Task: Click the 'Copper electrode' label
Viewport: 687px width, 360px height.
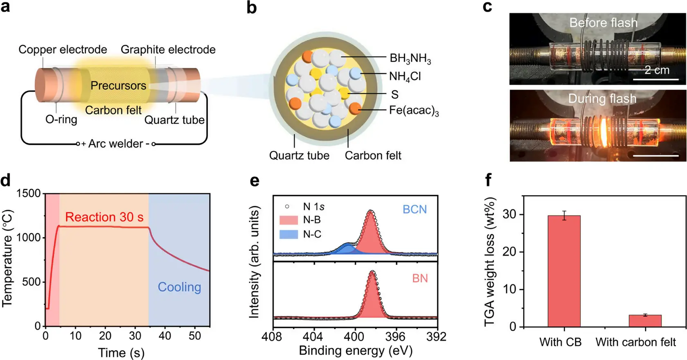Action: click(x=63, y=49)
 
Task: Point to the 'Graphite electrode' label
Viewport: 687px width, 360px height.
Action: click(x=168, y=49)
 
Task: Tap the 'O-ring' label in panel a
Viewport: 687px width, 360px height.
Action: click(x=61, y=119)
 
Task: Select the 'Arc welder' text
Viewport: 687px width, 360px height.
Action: click(x=116, y=144)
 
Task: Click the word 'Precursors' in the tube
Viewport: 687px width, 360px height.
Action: click(x=118, y=85)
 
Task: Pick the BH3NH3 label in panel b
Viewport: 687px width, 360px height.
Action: click(x=410, y=59)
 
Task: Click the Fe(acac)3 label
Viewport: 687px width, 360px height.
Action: click(x=414, y=110)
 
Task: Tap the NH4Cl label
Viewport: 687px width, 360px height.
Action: click(x=405, y=76)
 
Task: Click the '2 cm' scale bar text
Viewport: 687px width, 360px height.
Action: click(x=657, y=70)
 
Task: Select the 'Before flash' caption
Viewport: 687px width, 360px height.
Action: click(x=603, y=22)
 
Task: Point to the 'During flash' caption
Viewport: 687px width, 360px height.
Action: click(x=602, y=99)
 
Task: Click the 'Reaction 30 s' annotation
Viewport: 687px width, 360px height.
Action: click(x=104, y=217)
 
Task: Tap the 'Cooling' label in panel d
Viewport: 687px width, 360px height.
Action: click(x=179, y=287)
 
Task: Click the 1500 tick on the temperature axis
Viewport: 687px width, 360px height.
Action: click(x=28, y=193)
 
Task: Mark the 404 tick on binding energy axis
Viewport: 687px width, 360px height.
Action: click(x=313, y=337)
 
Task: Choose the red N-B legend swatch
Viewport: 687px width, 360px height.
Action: click(x=288, y=220)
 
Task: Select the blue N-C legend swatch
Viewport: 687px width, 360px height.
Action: click(x=288, y=234)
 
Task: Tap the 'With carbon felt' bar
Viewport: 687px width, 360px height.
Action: click(x=645, y=321)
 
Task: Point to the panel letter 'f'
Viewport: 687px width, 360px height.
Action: click(x=488, y=180)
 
